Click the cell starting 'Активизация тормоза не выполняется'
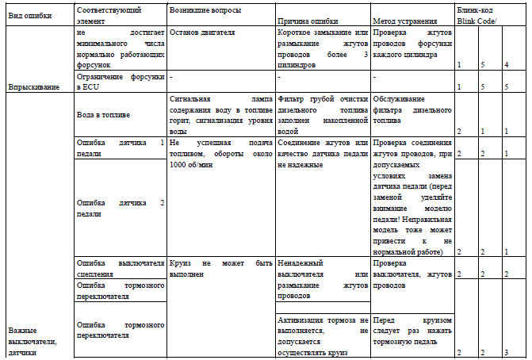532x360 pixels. coord(323,334)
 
